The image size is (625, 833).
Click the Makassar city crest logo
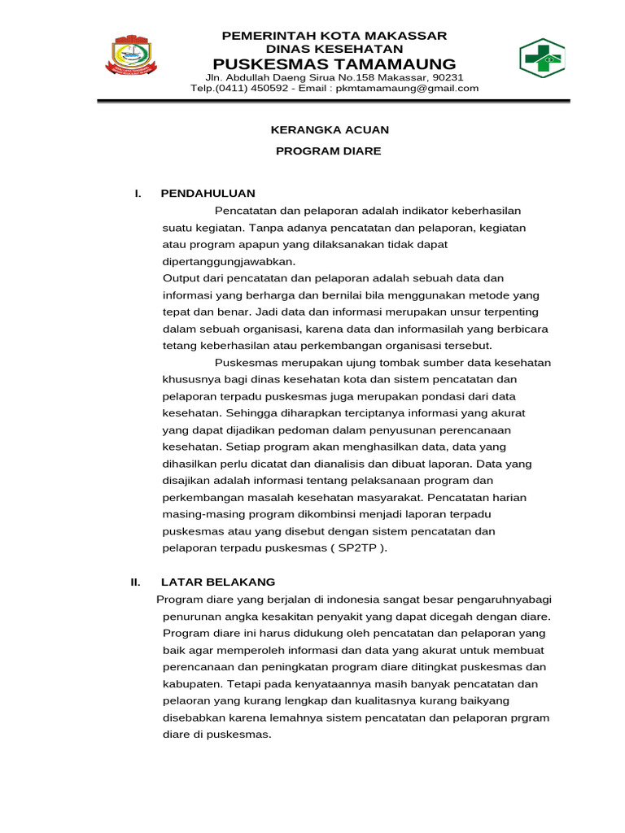(130, 57)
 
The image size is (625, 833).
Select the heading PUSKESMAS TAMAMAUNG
(334, 64)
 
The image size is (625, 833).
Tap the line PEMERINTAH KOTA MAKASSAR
(334, 36)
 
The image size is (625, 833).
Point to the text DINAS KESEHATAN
(334, 49)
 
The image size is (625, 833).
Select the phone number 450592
(269, 89)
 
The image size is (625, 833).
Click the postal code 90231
(447, 77)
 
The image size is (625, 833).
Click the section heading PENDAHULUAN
(208, 194)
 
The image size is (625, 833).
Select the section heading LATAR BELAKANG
(218, 582)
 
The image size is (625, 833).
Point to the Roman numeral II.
(136, 582)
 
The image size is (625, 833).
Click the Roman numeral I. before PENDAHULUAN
(138, 194)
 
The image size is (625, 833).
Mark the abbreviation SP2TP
(356, 548)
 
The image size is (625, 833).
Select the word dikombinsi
(313, 514)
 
